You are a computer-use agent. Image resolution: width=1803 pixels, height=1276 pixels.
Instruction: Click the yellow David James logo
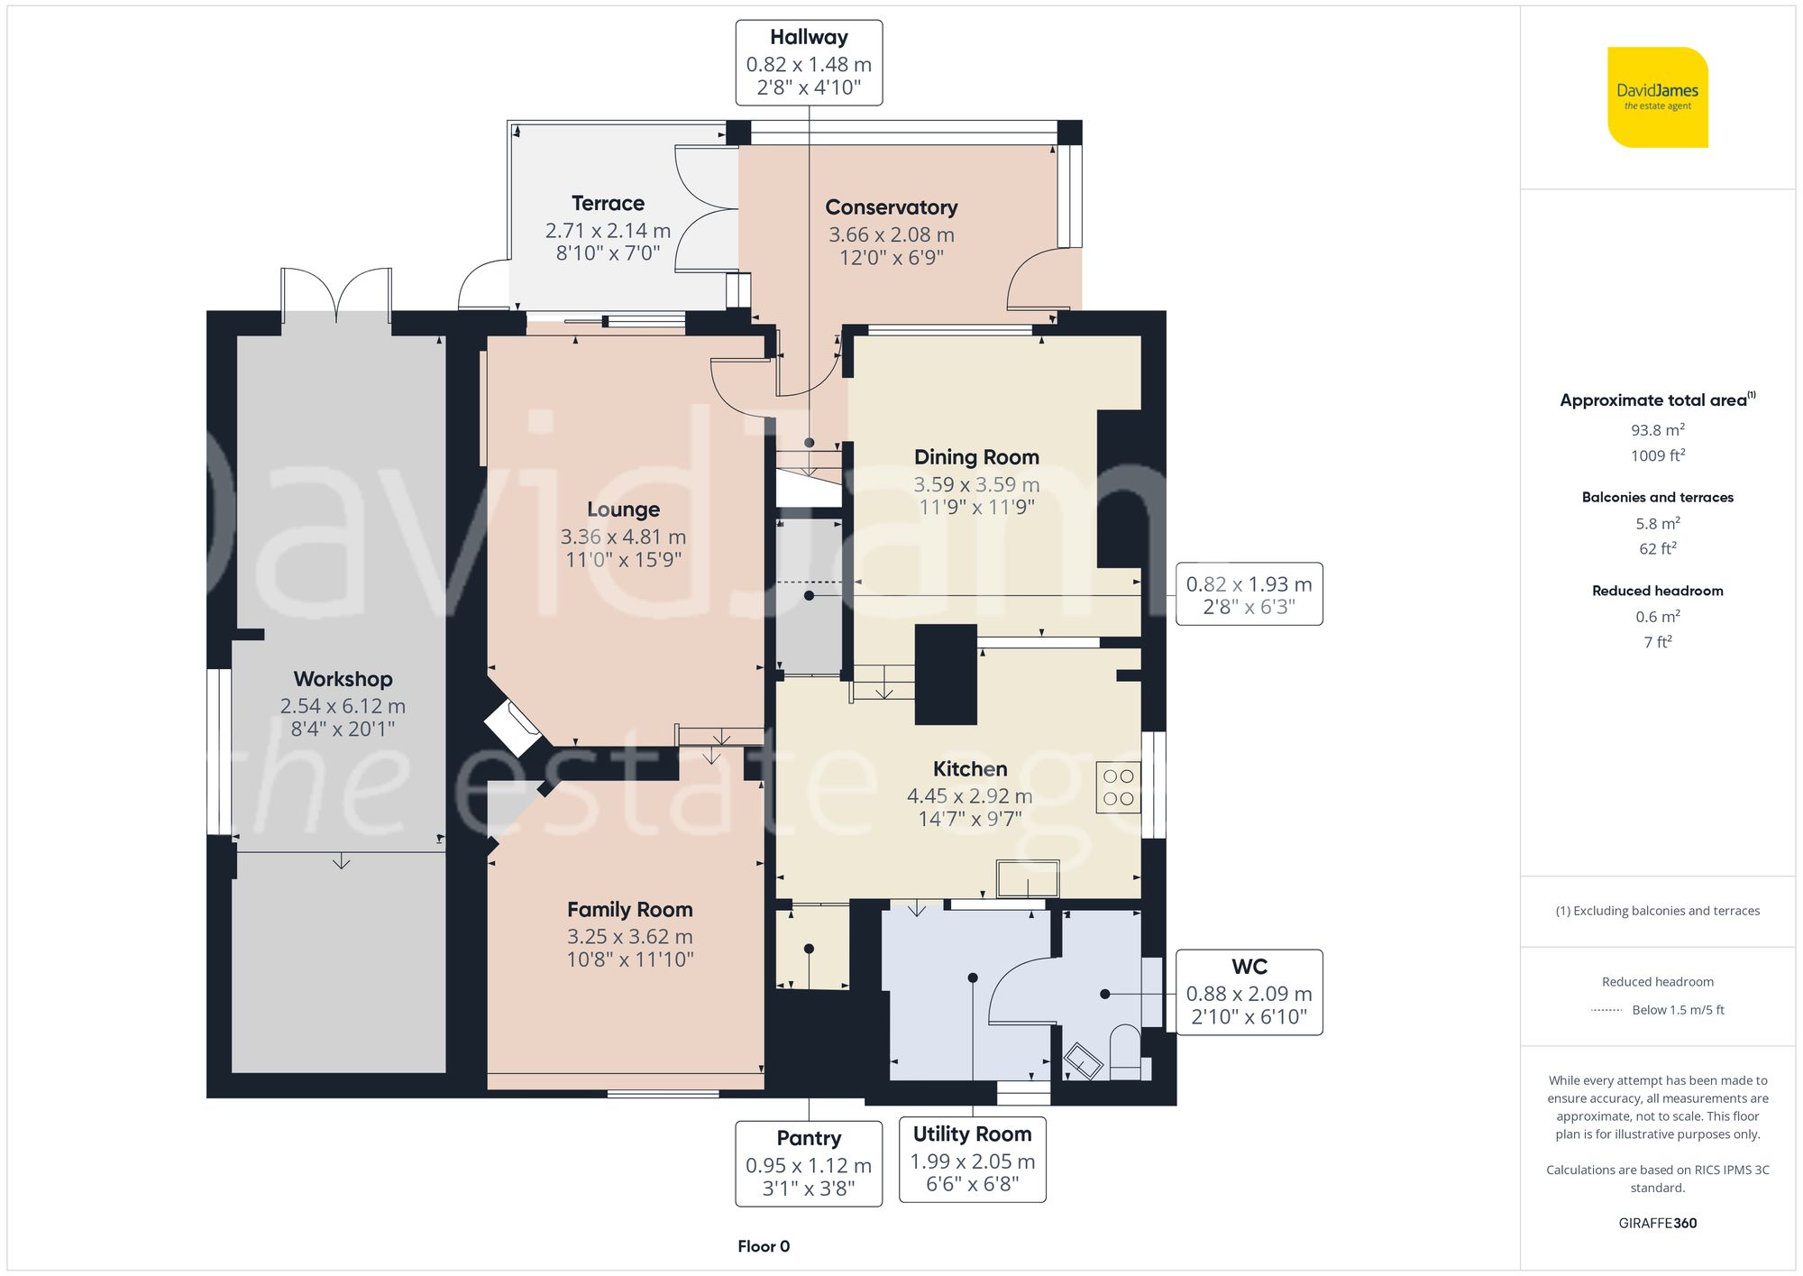pyautogui.click(x=1657, y=97)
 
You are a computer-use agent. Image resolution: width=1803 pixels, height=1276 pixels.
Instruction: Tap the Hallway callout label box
pyautogui.click(x=809, y=63)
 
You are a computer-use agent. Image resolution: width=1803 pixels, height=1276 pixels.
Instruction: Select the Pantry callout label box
pyautogui.click(x=809, y=1163)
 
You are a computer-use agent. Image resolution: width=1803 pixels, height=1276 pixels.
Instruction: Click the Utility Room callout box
pyautogui.click(x=972, y=1159)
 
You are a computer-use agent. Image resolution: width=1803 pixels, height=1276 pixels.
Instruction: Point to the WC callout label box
pyautogui.click(x=1249, y=992)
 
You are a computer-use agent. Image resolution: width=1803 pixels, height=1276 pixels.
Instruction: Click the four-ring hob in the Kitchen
pyautogui.click(x=1118, y=787)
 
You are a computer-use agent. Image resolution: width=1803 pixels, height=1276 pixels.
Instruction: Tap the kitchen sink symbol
pyautogui.click(x=1027, y=878)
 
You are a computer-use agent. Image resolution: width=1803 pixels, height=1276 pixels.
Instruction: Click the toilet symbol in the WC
pyautogui.click(x=1124, y=1051)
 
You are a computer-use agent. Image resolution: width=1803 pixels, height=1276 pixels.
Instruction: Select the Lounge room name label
pyautogui.click(x=623, y=509)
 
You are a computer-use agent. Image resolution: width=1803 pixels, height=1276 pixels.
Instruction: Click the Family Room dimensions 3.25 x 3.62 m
pyautogui.click(x=629, y=937)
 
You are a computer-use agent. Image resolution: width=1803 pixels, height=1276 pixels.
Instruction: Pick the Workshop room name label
pyautogui.click(x=343, y=679)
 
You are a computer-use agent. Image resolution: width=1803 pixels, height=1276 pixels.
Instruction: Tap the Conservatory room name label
pyautogui.click(x=891, y=207)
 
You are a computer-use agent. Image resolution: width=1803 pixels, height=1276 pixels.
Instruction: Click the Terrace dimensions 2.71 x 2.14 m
pyautogui.click(x=608, y=231)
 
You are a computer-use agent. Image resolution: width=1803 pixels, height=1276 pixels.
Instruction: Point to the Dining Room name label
pyautogui.click(x=976, y=457)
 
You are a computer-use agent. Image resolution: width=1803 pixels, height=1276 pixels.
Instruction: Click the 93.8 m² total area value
pyautogui.click(x=1657, y=430)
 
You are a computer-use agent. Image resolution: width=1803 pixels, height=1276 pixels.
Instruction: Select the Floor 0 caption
pyautogui.click(x=763, y=1246)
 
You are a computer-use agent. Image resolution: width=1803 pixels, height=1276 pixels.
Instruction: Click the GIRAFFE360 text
pyautogui.click(x=1657, y=1224)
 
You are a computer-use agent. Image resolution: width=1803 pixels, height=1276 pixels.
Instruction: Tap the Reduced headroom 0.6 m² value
pyautogui.click(x=1657, y=617)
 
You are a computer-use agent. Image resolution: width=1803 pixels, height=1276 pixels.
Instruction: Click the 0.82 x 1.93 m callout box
pyautogui.click(x=1249, y=594)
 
